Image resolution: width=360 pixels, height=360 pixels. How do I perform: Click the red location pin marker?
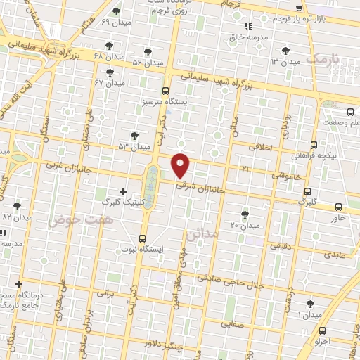tap(181, 165)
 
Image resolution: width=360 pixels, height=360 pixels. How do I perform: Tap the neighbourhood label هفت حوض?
tap(70, 220)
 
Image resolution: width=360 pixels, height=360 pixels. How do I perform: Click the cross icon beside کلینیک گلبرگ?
tap(124, 191)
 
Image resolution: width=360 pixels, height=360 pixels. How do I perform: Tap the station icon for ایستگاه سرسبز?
tap(165, 91)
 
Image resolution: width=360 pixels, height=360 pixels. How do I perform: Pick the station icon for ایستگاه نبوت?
tap(143, 238)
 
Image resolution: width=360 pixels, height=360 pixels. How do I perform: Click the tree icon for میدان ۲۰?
tap(245, 214)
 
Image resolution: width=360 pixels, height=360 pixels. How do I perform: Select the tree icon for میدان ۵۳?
tap(135, 135)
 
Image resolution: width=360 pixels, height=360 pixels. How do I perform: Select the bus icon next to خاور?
tap(339, 207)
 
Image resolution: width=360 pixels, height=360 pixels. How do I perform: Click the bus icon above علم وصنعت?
tap(350, 111)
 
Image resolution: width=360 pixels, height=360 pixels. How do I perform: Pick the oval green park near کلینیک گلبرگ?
tap(152, 184)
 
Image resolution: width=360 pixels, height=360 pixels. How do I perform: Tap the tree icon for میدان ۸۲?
tap(16, 206)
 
